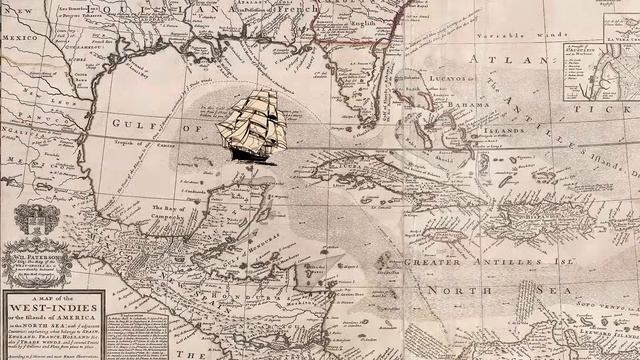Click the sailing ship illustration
click(x=253, y=124)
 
